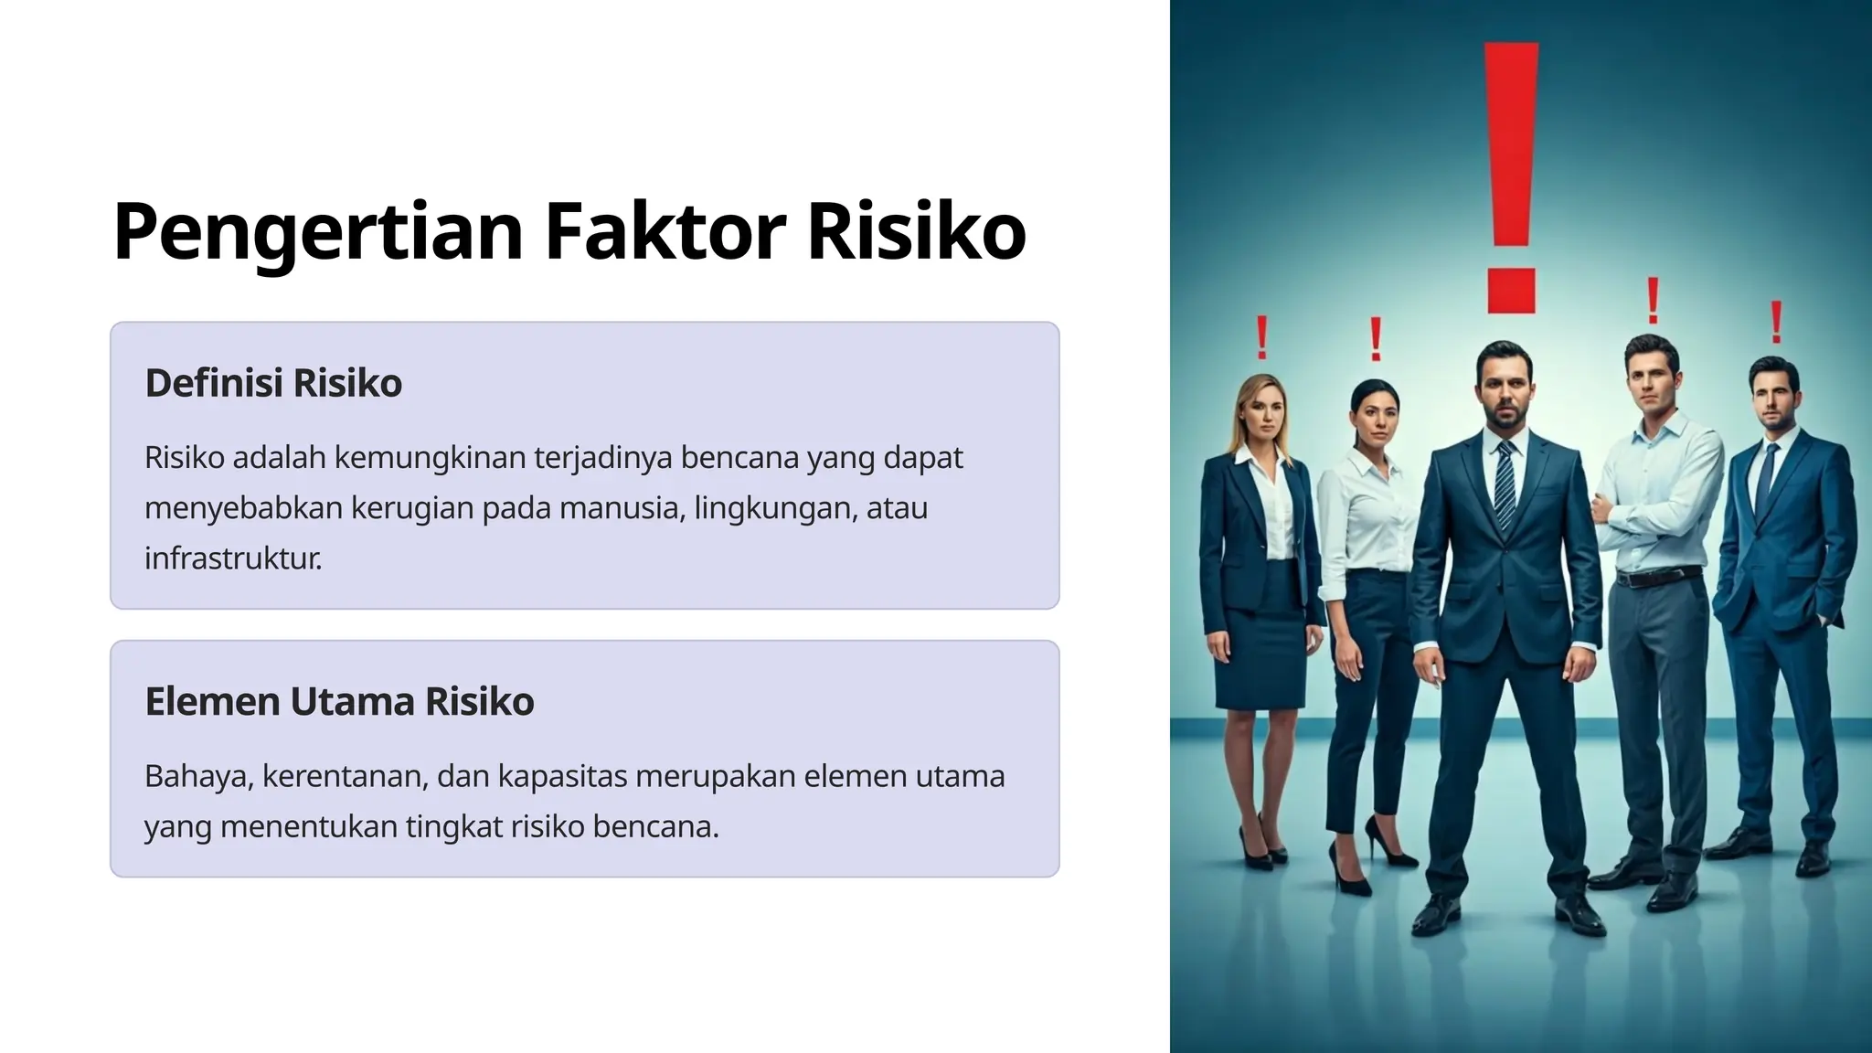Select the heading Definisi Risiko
coord(273,383)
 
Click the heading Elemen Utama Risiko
coord(339,702)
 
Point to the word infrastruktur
coord(232,558)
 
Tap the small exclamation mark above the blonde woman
coord(1262,337)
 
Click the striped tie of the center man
coord(1505,484)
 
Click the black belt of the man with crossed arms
coord(1658,578)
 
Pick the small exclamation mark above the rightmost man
coord(1776,322)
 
